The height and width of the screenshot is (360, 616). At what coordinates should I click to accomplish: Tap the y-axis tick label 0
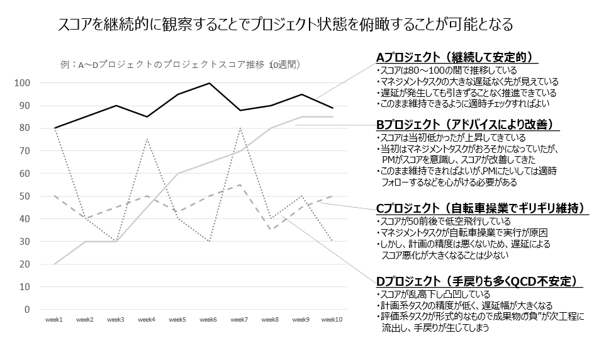[29, 310]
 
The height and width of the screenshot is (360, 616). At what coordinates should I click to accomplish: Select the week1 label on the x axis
[54, 320]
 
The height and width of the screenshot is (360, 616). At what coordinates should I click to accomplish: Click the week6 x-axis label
[208, 320]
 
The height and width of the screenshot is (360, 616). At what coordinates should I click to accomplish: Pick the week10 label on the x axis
[332, 320]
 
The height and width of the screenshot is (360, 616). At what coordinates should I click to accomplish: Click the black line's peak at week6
[209, 83]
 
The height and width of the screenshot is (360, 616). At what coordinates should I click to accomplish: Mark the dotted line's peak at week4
[147, 140]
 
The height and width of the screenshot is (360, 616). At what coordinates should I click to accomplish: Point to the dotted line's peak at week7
[240, 128]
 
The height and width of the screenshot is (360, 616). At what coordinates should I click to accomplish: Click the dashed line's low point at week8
[271, 230]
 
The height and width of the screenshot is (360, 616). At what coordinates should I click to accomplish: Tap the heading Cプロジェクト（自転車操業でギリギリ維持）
[481, 208]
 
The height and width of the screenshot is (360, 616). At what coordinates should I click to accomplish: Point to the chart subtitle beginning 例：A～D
[180, 64]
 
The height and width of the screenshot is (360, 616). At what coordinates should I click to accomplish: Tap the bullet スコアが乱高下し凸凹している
[434, 294]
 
